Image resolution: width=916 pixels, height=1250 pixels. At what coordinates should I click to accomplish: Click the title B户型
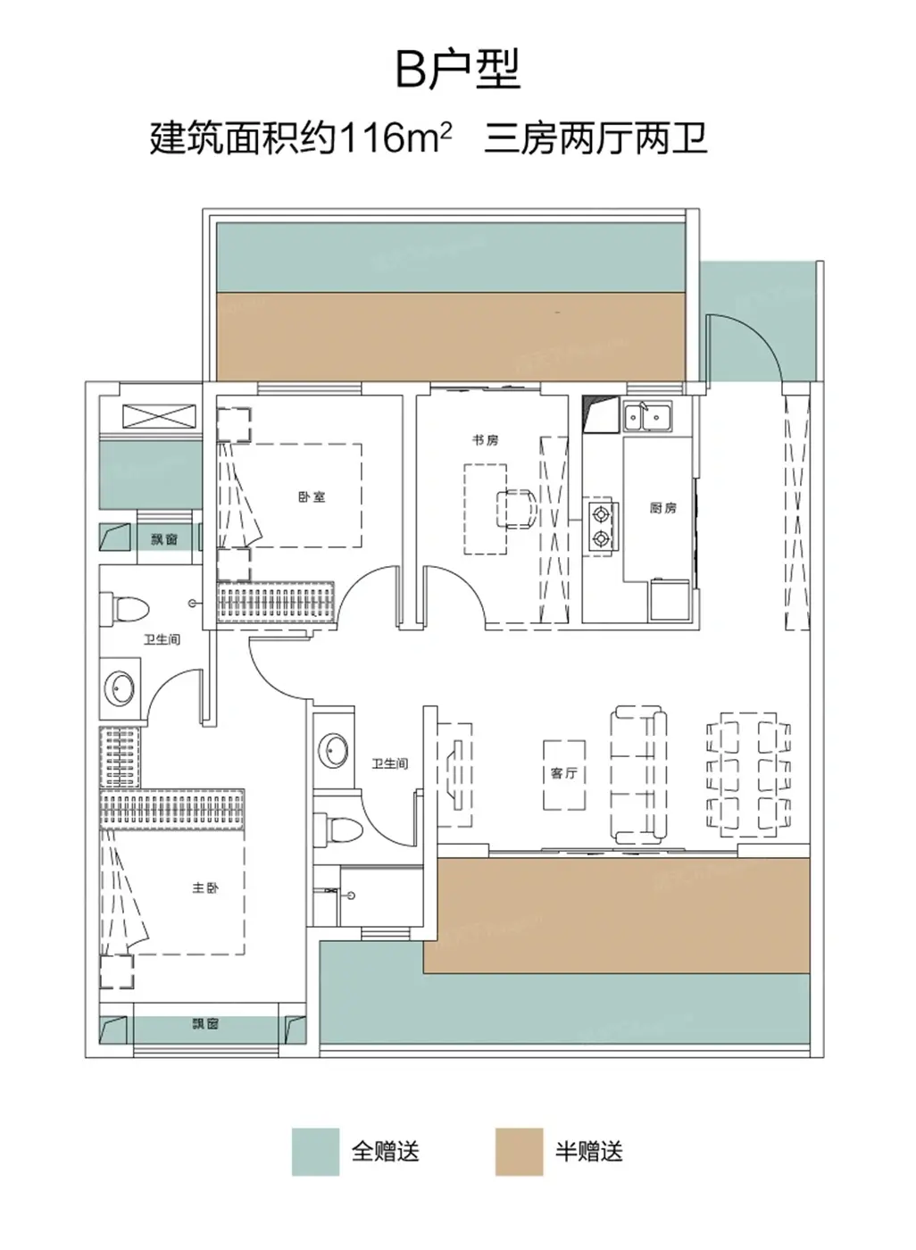point(458,70)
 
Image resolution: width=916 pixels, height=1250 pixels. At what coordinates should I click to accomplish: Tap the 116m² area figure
point(395,137)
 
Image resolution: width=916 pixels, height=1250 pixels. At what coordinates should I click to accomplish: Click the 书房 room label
point(486,440)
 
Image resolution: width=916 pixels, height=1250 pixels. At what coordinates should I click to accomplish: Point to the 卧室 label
point(312,496)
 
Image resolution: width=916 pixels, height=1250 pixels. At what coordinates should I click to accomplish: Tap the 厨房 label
point(663,507)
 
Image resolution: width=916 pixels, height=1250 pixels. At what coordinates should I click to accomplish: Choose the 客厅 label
point(563,773)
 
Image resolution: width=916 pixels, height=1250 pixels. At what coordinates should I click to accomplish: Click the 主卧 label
point(205,887)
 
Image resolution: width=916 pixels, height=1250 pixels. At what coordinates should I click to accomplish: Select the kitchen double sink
point(647,416)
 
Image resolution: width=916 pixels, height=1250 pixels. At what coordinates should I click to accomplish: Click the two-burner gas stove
point(601,525)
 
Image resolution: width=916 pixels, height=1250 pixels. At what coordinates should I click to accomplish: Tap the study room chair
point(517,508)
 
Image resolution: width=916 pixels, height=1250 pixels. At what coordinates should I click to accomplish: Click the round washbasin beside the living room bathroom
point(333,751)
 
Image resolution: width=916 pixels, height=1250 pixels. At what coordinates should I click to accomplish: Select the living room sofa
point(638,775)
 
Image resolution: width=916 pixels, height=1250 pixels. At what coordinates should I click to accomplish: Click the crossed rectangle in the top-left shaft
point(159,416)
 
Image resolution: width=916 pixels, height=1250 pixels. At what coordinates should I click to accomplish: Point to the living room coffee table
point(564,775)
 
